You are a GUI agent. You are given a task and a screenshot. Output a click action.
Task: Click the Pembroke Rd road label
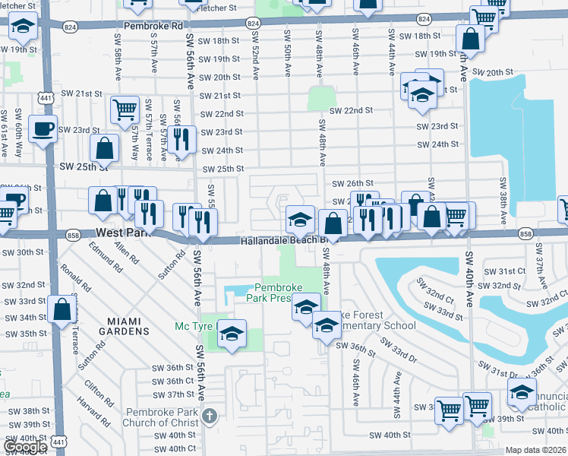point(155,25)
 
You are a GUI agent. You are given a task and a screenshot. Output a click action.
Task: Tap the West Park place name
point(122,235)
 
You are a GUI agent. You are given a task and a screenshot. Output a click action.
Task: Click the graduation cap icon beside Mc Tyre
point(232,332)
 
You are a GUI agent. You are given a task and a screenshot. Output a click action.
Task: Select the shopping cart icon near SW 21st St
point(125,109)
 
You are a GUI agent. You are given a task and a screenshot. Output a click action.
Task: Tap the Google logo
point(25,446)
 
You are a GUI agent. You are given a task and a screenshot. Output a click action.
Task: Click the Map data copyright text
point(535,450)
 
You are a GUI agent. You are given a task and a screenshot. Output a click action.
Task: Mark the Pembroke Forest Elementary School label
point(375,320)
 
